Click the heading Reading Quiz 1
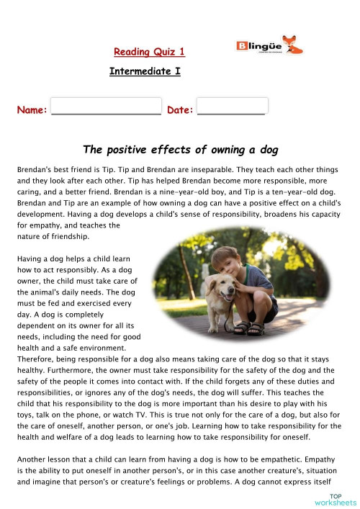pyautogui.click(x=149, y=51)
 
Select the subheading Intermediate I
pyautogui.click(x=144, y=71)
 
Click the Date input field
pyautogui.click(x=232, y=106)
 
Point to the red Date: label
pyautogui.click(x=180, y=110)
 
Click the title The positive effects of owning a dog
pyautogui.click(x=180, y=150)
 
